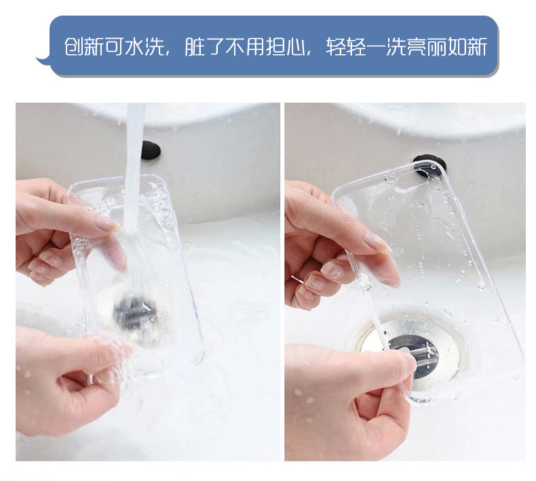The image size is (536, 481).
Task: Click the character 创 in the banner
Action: tap(74, 47)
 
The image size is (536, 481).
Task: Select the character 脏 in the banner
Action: tap(195, 47)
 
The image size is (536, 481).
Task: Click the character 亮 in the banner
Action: tap(417, 47)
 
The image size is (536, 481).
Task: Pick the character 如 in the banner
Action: tap(457, 47)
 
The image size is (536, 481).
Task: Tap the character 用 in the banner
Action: tap(255, 47)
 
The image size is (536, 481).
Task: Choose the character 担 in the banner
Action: tap(275, 47)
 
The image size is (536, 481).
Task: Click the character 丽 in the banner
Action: tap(436, 47)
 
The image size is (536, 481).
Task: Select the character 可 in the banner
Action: tap(115, 47)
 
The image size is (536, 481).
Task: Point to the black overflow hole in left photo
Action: tap(151, 150)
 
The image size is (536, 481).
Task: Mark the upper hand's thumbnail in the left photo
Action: tap(109, 224)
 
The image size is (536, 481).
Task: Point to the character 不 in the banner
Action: tap(235, 47)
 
